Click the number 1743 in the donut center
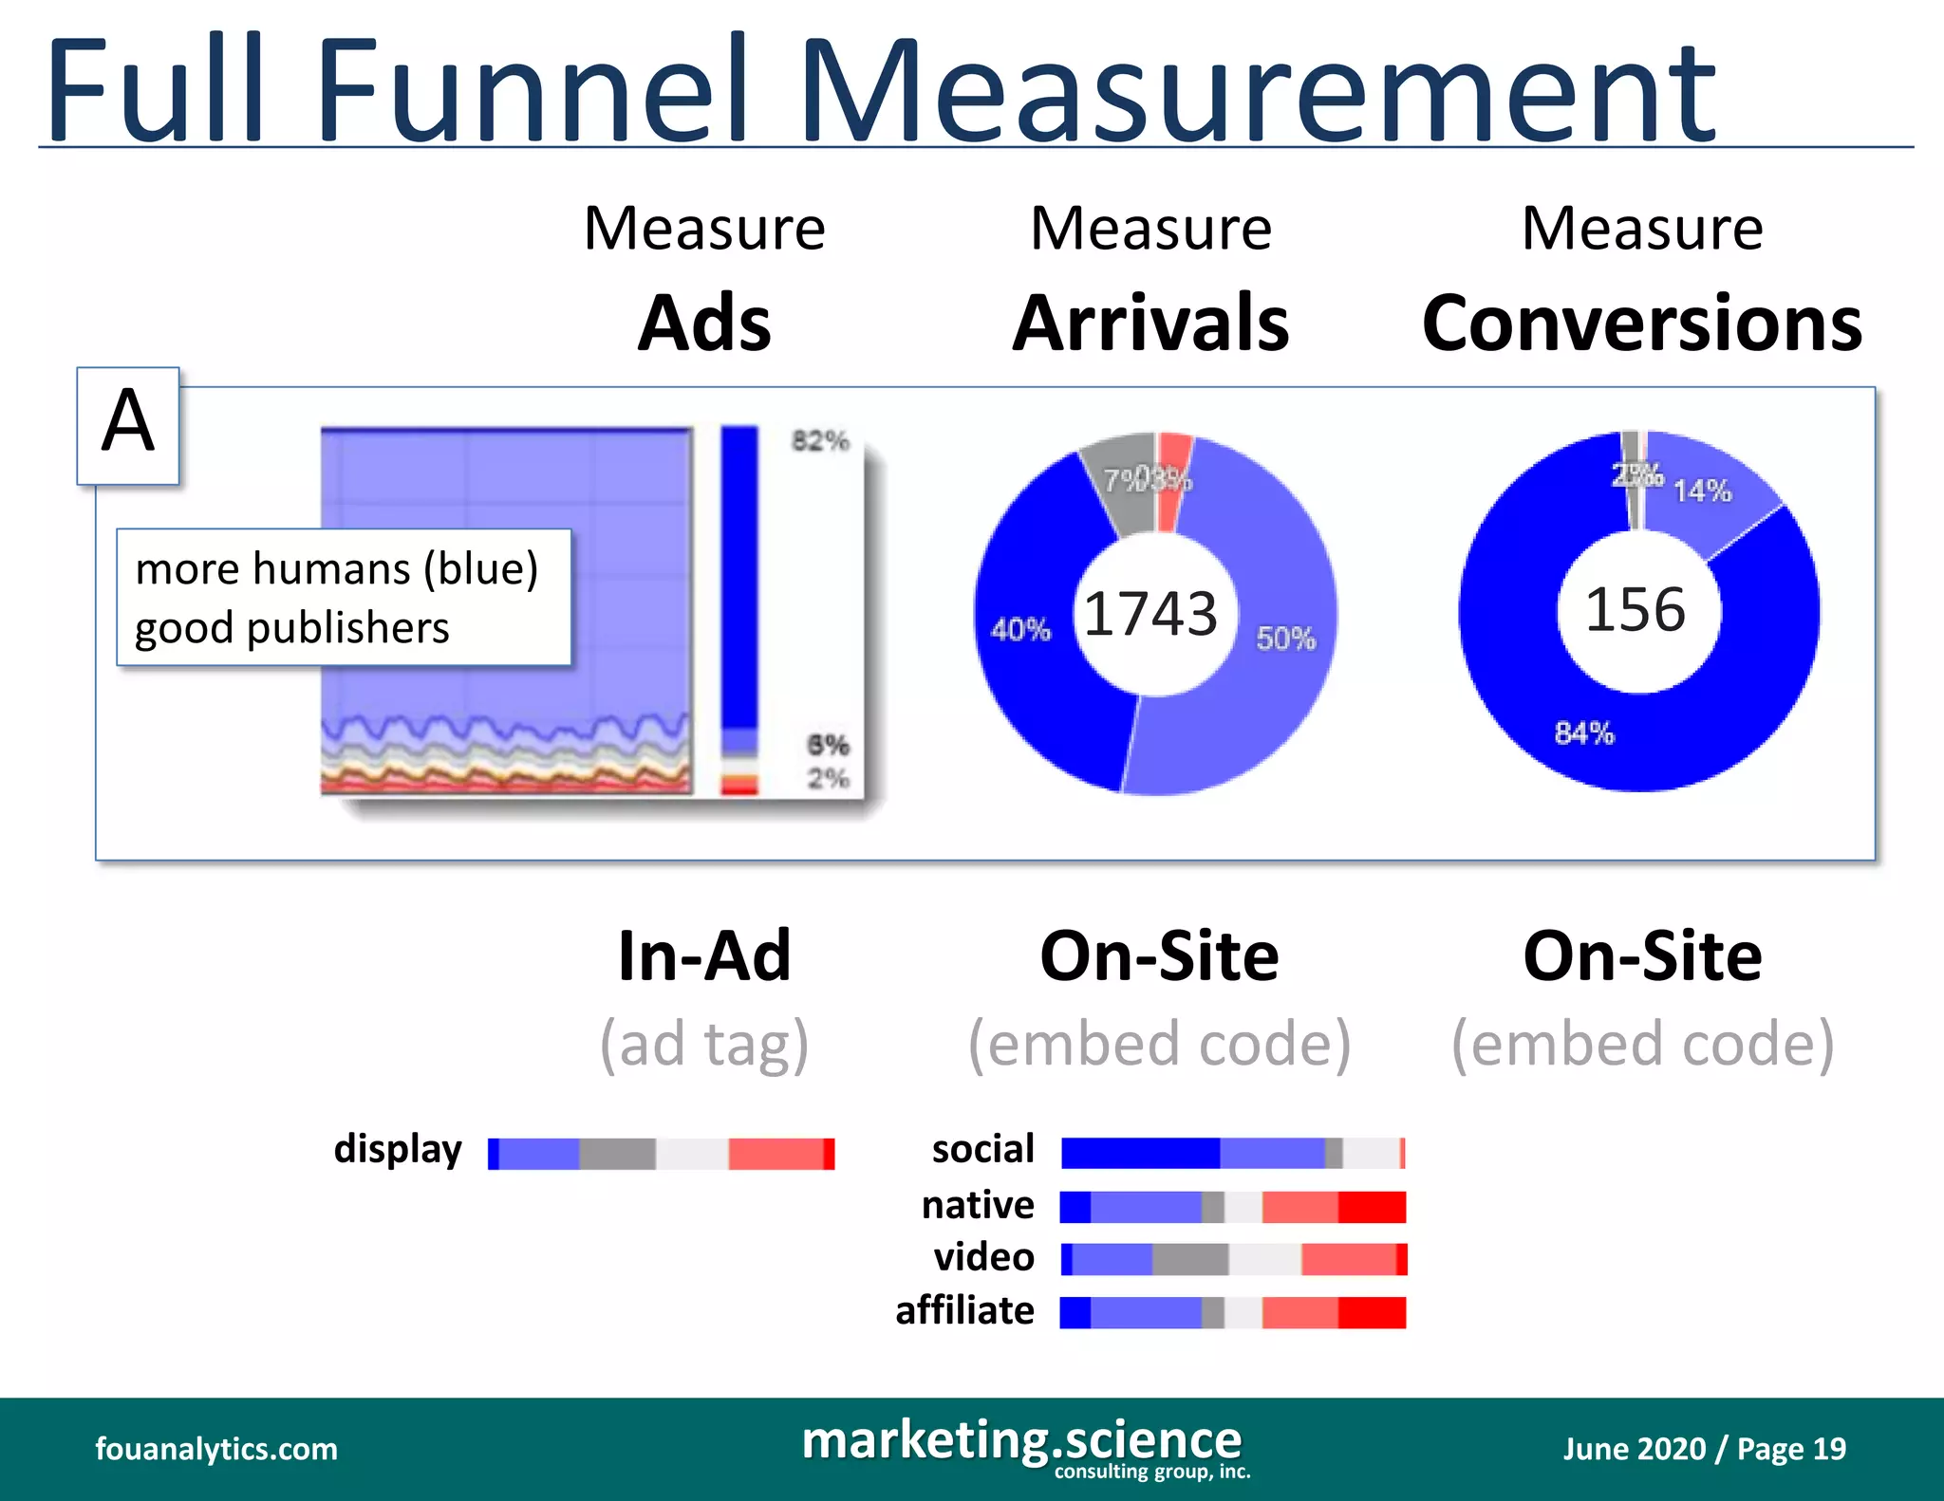point(1150,614)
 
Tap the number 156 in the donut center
point(1636,609)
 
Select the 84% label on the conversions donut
point(1584,733)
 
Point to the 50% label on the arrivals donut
point(1285,639)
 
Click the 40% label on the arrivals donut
point(1020,630)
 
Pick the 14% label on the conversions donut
point(1701,491)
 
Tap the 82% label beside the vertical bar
point(820,441)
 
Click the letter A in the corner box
point(128,423)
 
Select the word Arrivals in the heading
point(1150,324)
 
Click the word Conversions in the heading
point(1641,324)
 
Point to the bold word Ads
point(704,324)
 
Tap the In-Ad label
point(704,955)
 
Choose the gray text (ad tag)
point(704,1044)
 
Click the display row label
point(398,1150)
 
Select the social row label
point(982,1150)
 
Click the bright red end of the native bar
point(1372,1207)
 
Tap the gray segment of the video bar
point(1190,1260)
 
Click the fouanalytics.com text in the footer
point(216,1449)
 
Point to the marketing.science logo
point(1022,1444)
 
